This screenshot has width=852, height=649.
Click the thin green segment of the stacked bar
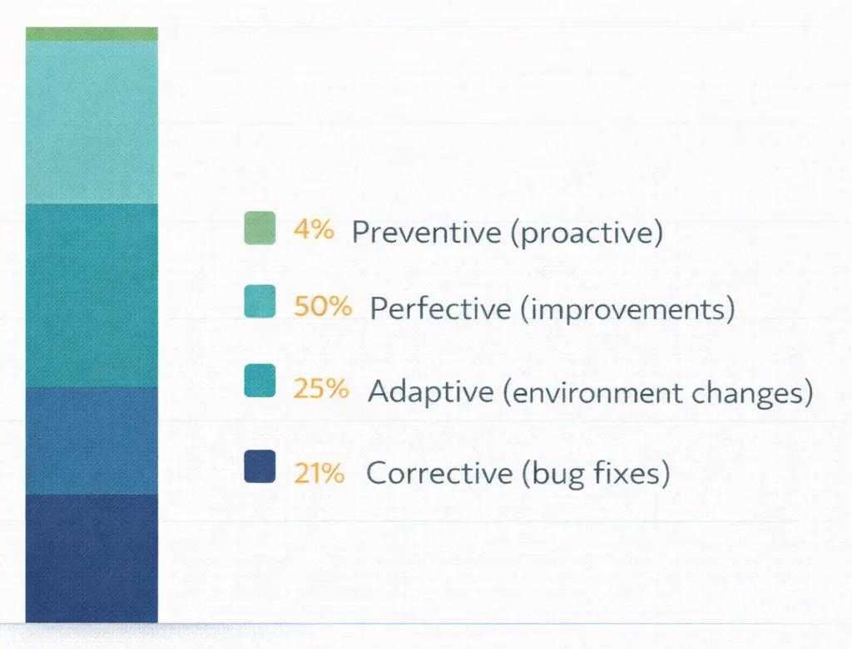pos(92,33)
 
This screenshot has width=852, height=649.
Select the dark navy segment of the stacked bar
pos(92,558)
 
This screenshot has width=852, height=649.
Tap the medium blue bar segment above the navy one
pos(92,440)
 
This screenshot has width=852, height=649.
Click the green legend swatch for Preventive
pos(260,229)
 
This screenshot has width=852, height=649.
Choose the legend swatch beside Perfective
pos(260,301)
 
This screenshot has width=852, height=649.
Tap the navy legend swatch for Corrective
pos(260,465)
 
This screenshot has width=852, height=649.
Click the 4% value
pos(314,230)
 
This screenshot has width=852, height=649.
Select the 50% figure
pos(323,307)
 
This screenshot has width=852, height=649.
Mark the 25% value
pos(320,388)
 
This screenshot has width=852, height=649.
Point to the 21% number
pos(319,473)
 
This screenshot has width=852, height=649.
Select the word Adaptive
pos(430,391)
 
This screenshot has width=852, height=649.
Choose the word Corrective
pos(439,473)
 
